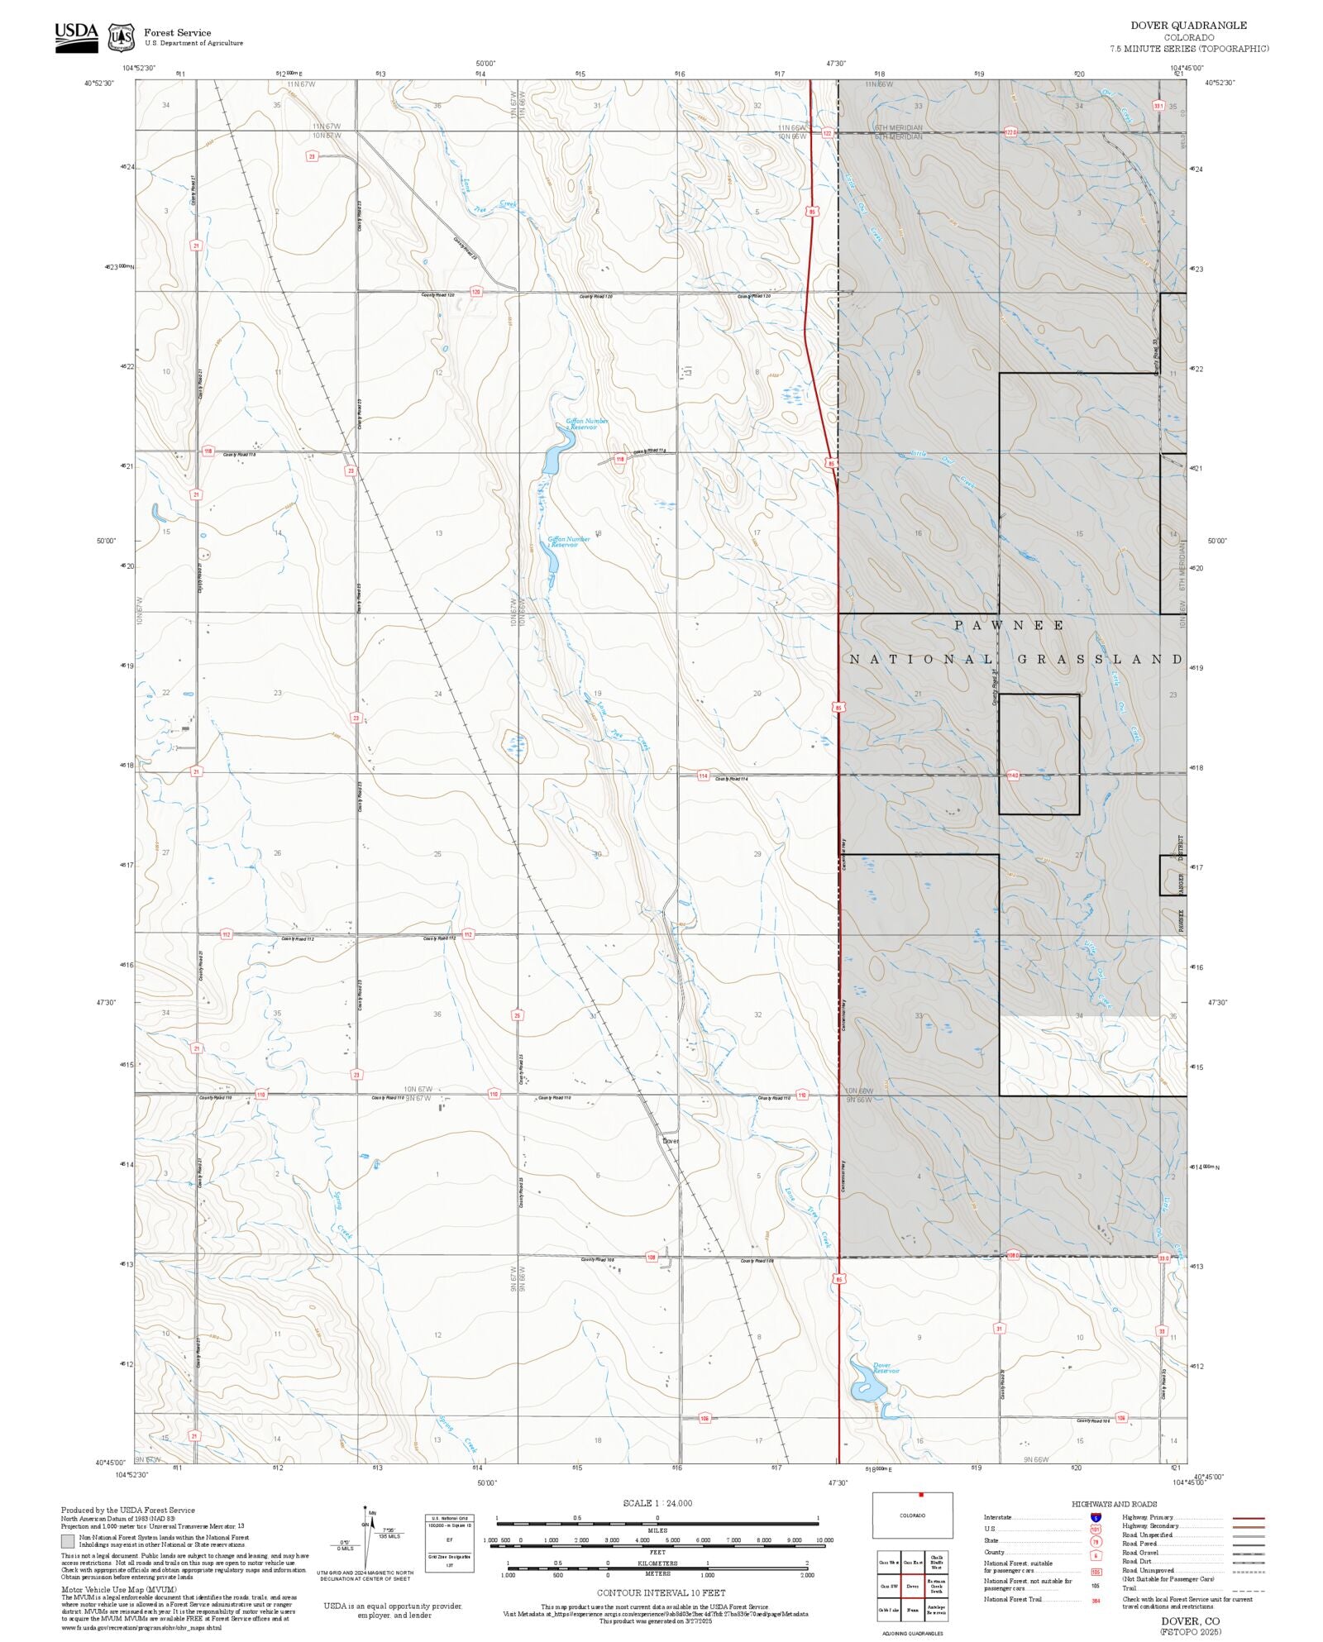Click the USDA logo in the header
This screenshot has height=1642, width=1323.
[76, 37]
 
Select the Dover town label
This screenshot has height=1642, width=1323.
[671, 1141]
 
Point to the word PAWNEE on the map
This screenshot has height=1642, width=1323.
[1010, 626]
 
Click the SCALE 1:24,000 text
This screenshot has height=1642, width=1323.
[657, 1504]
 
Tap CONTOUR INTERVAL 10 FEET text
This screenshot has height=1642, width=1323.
[661, 1592]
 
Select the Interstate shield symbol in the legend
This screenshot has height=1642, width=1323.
[1096, 1518]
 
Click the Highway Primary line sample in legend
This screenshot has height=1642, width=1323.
[1248, 1518]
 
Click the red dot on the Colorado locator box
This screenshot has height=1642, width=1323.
[920, 1495]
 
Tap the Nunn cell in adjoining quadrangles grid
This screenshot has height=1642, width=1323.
[912, 1610]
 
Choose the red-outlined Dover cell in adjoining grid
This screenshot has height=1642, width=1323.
[912, 1586]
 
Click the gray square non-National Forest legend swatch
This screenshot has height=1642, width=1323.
[68, 1541]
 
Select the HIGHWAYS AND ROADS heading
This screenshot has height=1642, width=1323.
[1114, 1504]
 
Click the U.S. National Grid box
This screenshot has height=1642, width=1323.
[450, 1543]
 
